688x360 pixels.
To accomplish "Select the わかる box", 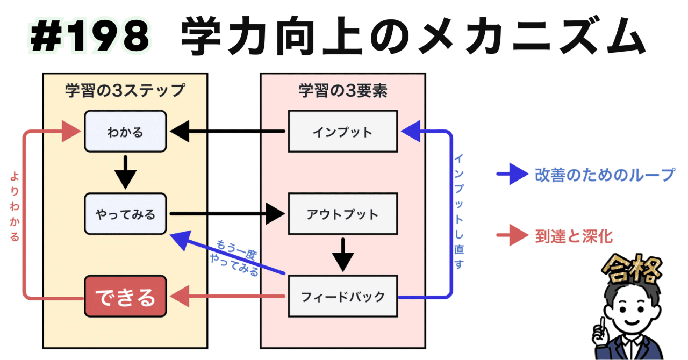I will [x=125, y=132].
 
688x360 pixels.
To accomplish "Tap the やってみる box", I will [x=125, y=214].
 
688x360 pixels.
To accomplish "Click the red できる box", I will [x=125, y=297].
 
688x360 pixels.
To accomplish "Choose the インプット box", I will [x=342, y=132].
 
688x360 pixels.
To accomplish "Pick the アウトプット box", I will [x=342, y=214].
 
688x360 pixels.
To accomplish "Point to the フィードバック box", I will [x=342, y=297].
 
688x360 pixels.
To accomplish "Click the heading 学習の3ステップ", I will [x=125, y=90].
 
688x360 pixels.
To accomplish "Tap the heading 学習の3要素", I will [x=343, y=90].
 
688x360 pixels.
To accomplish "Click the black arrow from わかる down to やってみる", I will [x=125, y=170].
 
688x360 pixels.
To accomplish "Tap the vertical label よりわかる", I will [x=15, y=207].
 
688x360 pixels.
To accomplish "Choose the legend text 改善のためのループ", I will [x=604, y=174].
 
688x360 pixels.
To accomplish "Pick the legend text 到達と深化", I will [x=574, y=235].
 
